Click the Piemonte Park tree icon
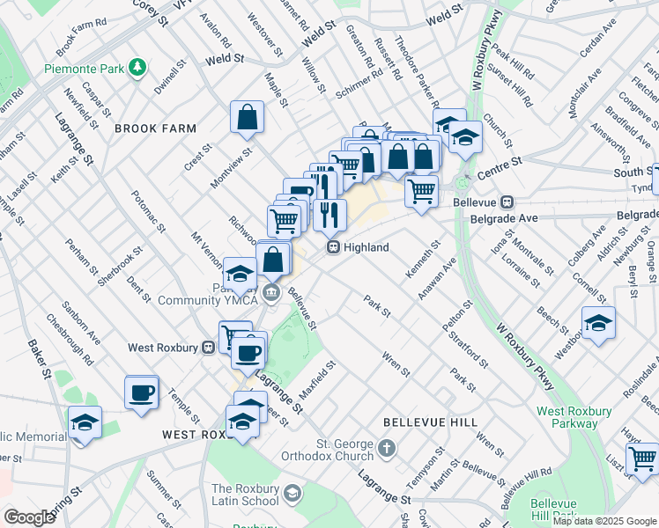[x=137, y=67]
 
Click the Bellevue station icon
[x=507, y=202]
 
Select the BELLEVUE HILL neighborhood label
[x=418, y=423]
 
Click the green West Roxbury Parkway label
[x=574, y=417]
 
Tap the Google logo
[x=29, y=517]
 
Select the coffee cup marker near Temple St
[x=141, y=392]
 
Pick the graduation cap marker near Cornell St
[x=598, y=323]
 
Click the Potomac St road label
[x=148, y=211]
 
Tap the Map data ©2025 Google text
[x=604, y=521]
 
